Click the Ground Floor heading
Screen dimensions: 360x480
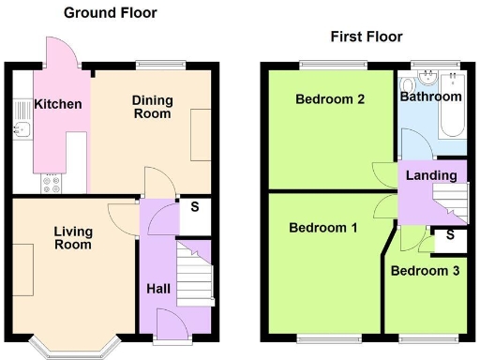click(x=110, y=13)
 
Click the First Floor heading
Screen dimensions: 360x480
click(x=366, y=37)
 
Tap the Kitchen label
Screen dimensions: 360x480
click(x=58, y=104)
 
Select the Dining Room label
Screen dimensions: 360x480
click(x=151, y=107)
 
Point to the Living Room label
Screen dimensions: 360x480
click(x=72, y=238)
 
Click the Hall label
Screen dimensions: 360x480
click(x=157, y=289)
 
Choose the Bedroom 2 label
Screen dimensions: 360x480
click(x=329, y=99)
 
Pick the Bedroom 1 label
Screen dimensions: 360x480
click(x=322, y=228)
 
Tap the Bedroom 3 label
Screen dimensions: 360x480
click(x=425, y=271)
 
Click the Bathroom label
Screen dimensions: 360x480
click(x=431, y=97)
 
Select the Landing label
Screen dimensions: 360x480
click(x=432, y=175)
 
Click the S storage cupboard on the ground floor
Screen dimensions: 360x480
click(x=194, y=208)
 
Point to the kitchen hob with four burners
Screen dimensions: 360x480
click(x=52, y=185)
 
